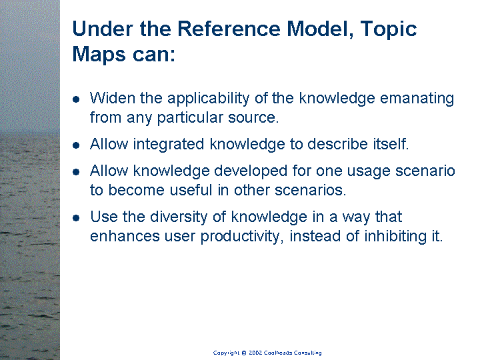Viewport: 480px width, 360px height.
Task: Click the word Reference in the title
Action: coord(229,29)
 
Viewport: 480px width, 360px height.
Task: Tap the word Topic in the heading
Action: coord(389,30)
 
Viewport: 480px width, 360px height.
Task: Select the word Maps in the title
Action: coord(99,55)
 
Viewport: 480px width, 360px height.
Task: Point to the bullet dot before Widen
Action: coord(76,99)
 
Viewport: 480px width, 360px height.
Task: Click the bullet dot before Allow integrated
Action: coord(76,145)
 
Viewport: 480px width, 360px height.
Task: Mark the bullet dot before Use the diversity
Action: coord(76,217)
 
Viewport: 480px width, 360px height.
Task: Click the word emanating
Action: coord(417,99)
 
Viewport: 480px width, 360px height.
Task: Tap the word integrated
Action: coord(169,145)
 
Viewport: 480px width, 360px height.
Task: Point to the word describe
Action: coord(337,144)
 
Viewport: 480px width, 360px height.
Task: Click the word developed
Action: coord(251,171)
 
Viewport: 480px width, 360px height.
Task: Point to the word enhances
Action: coord(125,236)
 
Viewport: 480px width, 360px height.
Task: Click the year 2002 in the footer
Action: coord(255,353)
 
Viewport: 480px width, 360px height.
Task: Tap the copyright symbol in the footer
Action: coord(244,353)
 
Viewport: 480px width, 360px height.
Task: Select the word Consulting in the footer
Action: coord(307,353)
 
